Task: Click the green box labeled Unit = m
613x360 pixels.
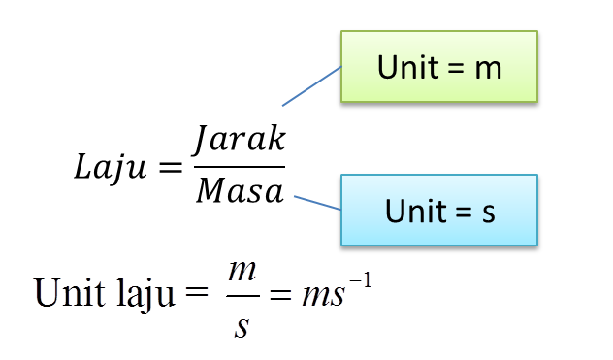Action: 438,66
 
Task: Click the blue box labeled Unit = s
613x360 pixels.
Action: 438,210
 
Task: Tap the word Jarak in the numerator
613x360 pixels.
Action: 238,140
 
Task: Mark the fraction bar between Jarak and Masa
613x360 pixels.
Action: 239,166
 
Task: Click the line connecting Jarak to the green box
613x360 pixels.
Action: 312,85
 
